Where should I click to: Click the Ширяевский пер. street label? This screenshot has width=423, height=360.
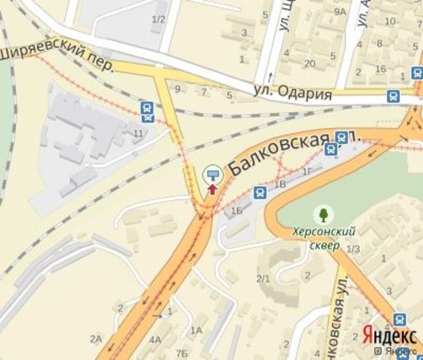click(56, 59)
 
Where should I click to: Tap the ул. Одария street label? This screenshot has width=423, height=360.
click(293, 93)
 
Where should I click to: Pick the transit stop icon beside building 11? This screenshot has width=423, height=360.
click(146, 111)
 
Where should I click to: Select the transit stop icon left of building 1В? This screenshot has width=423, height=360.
click(260, 192)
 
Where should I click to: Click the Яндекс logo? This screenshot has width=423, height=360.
click(388, 336)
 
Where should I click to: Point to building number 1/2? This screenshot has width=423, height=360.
click(159, 18)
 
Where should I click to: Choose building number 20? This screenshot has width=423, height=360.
click(309, 63)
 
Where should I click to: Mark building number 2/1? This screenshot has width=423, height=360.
click(263, 278)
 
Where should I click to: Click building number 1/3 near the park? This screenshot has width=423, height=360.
click(353, 249)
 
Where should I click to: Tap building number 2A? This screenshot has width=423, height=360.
click(95, 338)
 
